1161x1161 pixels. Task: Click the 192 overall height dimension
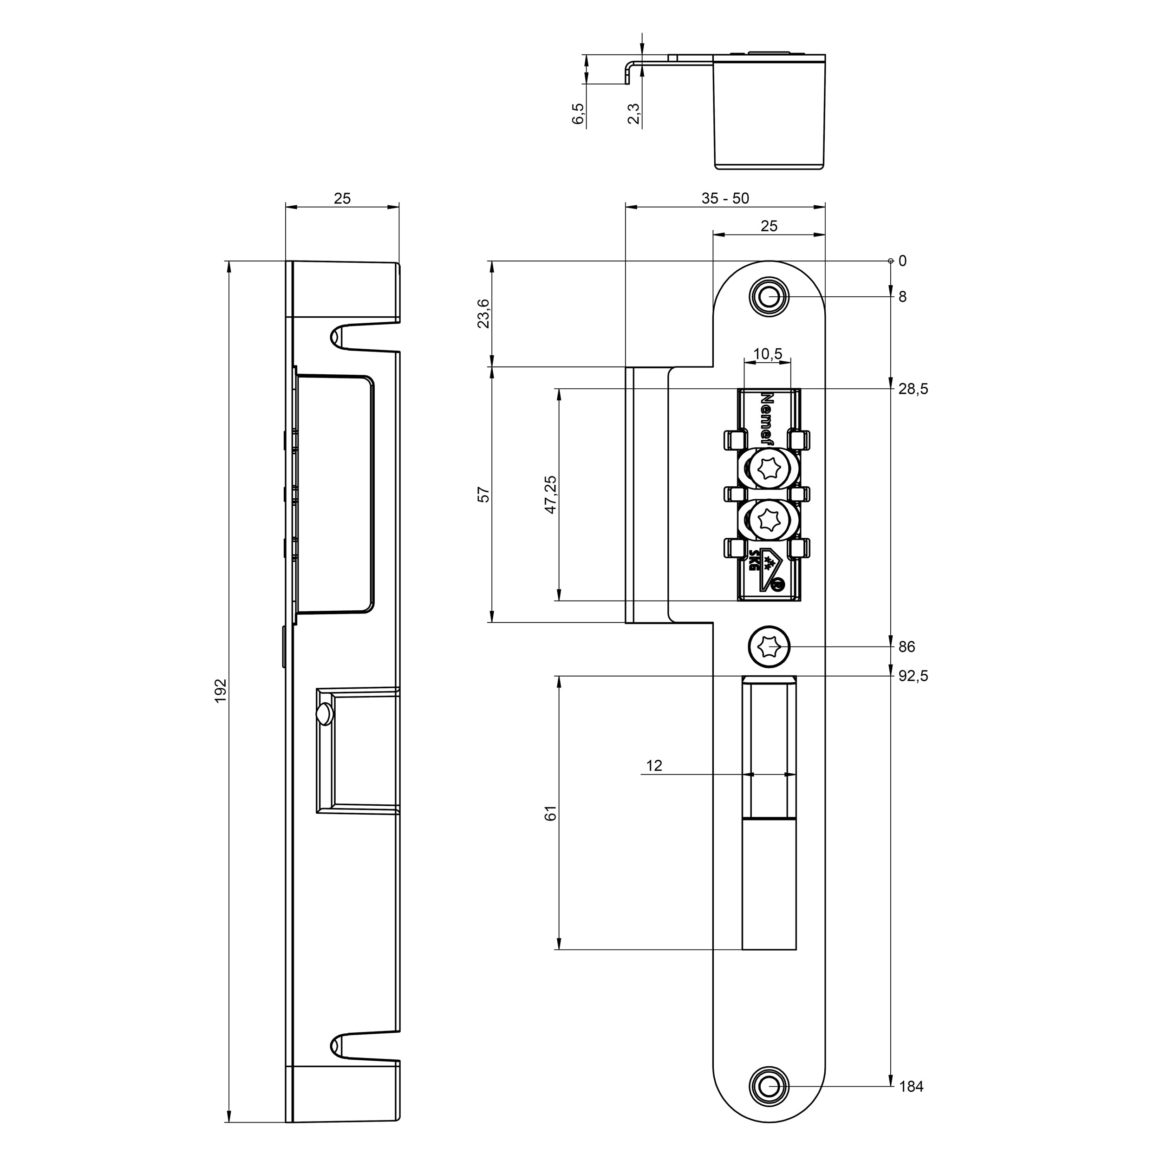[221, 691]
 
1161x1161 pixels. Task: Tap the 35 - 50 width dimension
[725, 198]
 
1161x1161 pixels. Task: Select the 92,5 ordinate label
[913, 676]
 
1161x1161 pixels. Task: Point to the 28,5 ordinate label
[913, 389]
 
